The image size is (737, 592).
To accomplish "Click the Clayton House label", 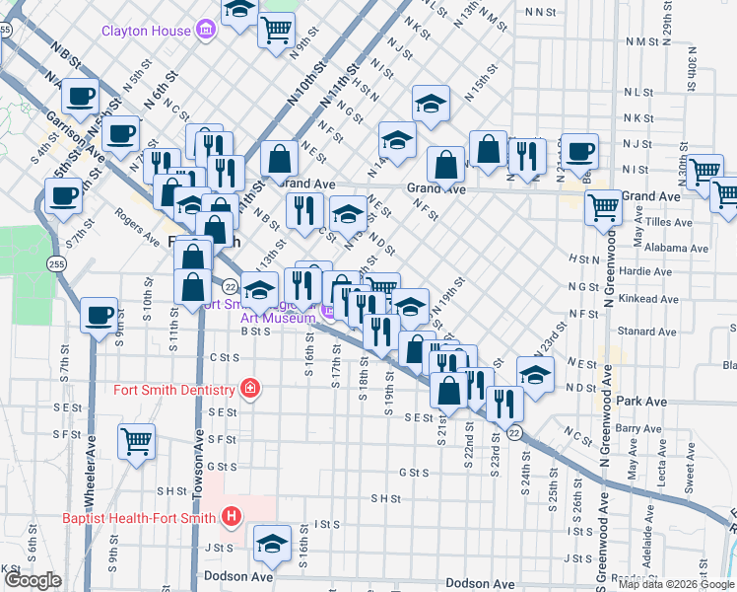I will (146, 31).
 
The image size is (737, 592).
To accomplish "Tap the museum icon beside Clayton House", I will (206, 31).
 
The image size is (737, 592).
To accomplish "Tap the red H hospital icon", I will (231, 516).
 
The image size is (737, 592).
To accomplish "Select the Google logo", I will (33, 580).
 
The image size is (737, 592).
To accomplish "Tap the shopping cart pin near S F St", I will (136, 441).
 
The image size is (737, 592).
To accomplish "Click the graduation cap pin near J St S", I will (272, 542).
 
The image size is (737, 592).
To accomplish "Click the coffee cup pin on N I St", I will (580, 150).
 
